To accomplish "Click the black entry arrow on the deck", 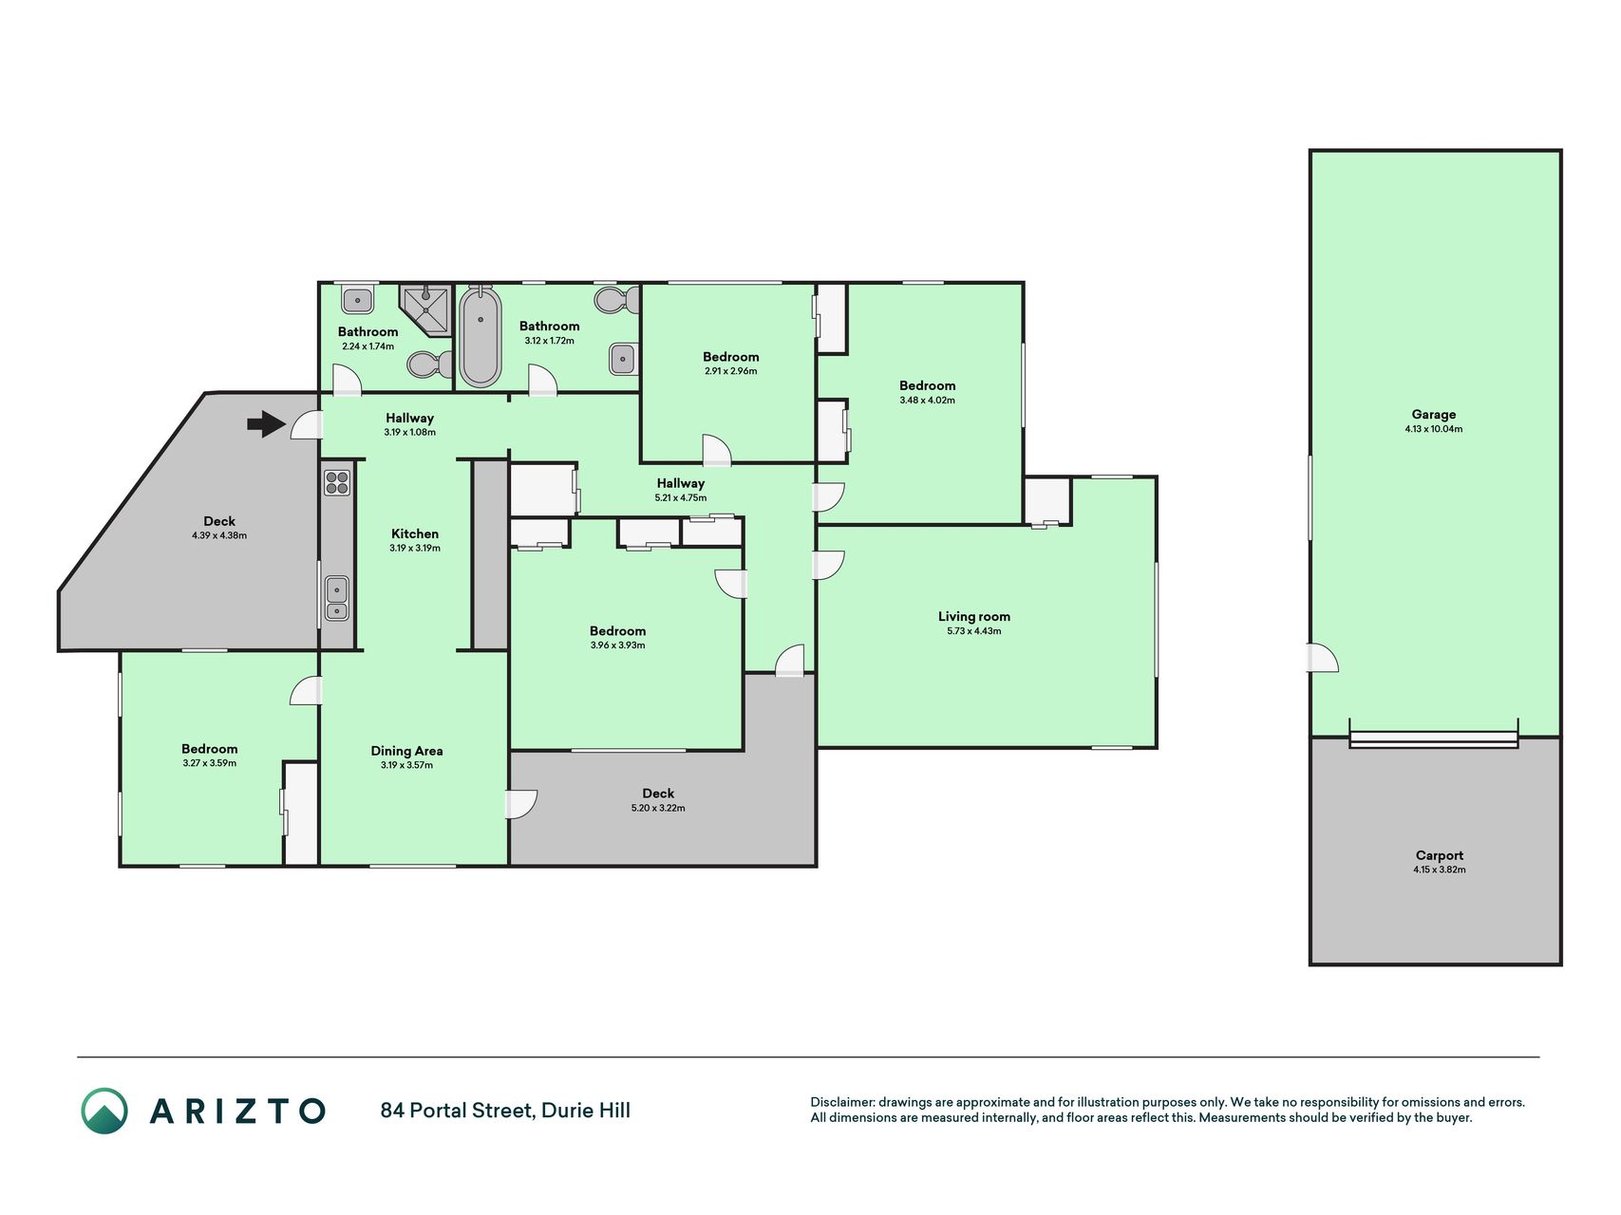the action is point(266,423).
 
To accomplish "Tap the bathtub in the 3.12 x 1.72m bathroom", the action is point(481,336).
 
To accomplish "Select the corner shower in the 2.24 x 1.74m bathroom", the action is point(424,309).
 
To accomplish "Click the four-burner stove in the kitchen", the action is point(337,483).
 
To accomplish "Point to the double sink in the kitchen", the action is point(337,599).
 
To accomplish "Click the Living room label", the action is point(974,617).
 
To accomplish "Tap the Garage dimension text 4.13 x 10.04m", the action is point(1434,429).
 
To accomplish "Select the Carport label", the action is point(1440,855).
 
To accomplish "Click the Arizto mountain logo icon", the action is point(104,1111).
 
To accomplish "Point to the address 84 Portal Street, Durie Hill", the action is point(505,1111).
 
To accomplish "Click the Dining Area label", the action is point(406,751).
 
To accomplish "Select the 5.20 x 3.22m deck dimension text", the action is point(658,809).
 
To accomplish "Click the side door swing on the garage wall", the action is point(1325,657).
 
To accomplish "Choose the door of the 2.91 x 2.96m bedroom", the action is point(717,449).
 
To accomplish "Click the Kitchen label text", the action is point(415,534).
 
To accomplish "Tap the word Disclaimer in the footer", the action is point(841,1103).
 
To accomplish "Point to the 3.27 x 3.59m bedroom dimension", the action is point(210,763).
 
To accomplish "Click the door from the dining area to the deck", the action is point(522,804).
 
